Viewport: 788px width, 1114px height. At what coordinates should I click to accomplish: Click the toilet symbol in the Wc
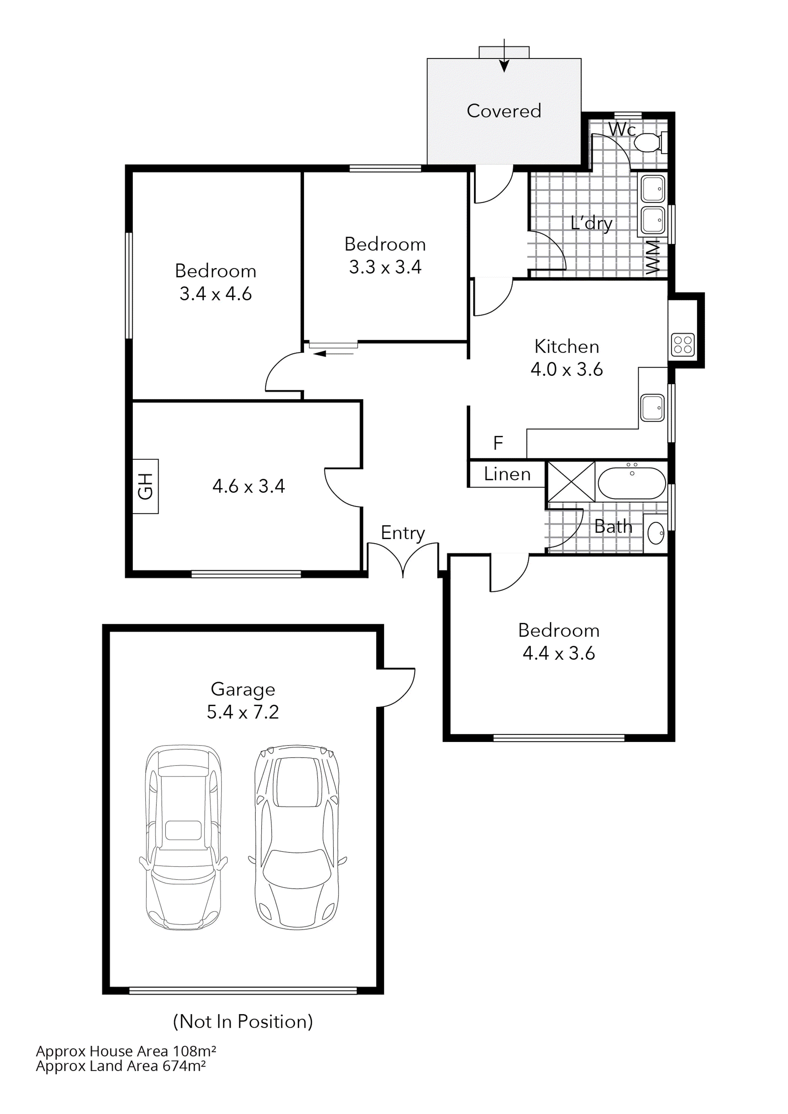[x=648, y=143]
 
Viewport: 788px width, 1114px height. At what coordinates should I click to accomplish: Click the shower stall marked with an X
[x=571, y=481]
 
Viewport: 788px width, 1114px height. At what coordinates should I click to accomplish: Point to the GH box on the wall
[x=145, y=486]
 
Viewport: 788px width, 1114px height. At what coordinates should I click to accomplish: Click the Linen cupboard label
[x=507, y=474]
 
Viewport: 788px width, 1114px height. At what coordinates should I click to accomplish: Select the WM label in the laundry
[x=653, y=257]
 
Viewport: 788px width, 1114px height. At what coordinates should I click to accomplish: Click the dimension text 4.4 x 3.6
[x=558, y=653]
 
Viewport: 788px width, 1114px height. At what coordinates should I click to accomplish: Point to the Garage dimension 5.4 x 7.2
[x=243, y=712]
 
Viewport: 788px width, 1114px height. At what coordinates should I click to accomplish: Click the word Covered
[x=504, y=111]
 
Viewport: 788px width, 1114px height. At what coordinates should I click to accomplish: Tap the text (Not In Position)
[x=243, y=1021]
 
